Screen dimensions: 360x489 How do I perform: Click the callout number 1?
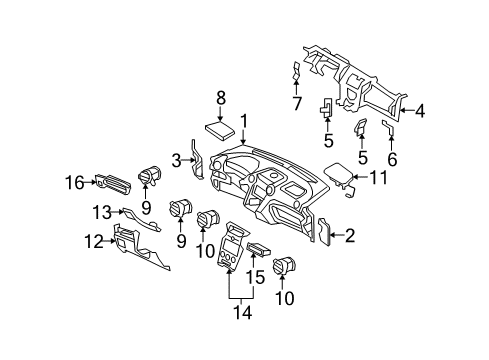point(241,120)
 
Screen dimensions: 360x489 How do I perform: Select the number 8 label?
point(221,96)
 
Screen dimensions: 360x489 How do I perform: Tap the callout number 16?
point(74,181)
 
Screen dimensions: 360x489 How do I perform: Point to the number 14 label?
point(238,312)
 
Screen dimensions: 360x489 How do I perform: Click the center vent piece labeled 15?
point(257,250)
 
